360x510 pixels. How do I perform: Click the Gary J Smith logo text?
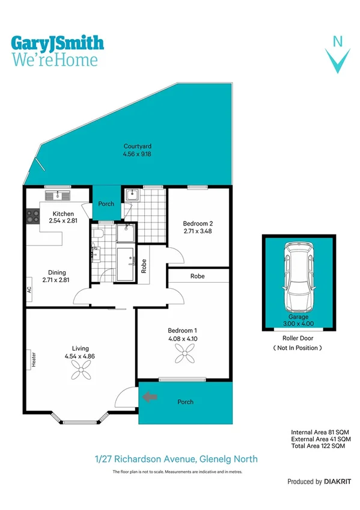click(x=58, y=43)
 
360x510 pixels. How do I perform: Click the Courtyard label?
click(x=137, y=146)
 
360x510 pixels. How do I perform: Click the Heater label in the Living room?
click(x=34, y=359)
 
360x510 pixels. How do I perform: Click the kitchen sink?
click(x=58, y=194)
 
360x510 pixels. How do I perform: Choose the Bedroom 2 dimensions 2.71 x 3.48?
click(x=198, y=232)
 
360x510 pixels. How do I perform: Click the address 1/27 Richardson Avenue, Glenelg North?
click(x=176, y=459)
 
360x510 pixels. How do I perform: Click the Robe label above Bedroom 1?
click(x=197, y=276)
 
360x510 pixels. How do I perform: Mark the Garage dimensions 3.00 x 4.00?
click(x=298, y=324)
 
